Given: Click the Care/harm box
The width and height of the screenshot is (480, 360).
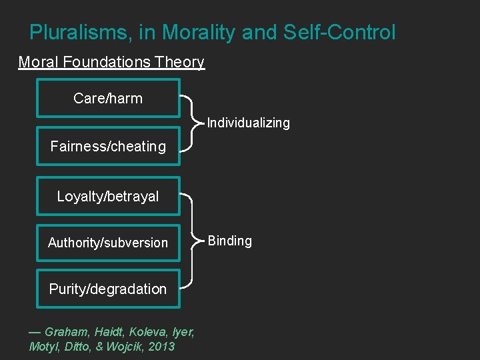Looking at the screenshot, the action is pyautogui.click(x=108, y=98).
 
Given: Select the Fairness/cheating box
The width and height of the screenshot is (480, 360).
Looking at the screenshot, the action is pyautogui.click(x=108, y=146).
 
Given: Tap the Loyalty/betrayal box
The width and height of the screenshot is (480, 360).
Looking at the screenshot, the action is pyautogui.click(x=108, y=196).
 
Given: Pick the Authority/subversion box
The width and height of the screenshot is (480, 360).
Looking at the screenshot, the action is pyautogui.click(x=108, y=243).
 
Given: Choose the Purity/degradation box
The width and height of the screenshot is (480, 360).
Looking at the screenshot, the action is pyautogui.click(x=108, y=289).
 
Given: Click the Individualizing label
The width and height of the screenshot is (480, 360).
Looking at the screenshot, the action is pyautogui.click(x=249, y=123).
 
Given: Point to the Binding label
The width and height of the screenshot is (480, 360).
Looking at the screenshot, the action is pyautogui.click(x=230, y=241).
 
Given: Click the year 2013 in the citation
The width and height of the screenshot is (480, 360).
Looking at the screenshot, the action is pyautogui.click(x=162, y=346).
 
